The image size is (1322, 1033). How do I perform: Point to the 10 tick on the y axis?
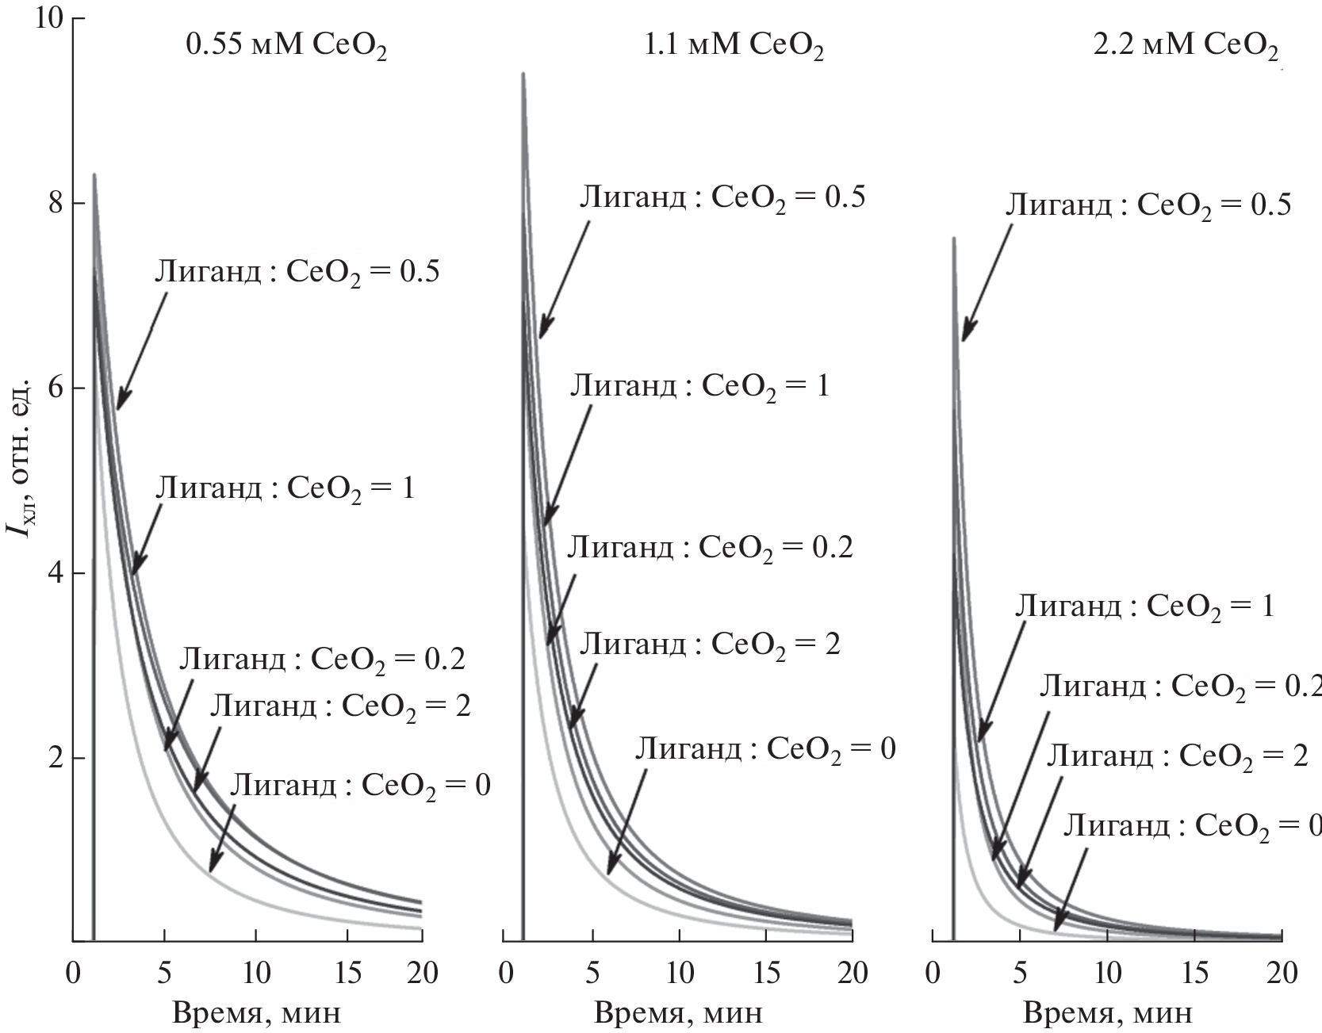pyautogui.click(x=49, y=18)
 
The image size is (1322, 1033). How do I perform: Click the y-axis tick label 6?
pyautogui.click(x=56, y=388)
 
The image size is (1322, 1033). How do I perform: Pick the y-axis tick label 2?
pyautogui.click(x=56, y=759)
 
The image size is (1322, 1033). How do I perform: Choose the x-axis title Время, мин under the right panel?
pyautogui.click(x=1107, y=1012)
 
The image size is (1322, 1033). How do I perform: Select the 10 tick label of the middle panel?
pyautogui.click(x=679, y=972)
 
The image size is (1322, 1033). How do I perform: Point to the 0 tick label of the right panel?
pyautogui.click(x=932, y=972)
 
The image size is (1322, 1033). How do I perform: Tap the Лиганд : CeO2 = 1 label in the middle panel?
pyautogui.click(x=699, y=387)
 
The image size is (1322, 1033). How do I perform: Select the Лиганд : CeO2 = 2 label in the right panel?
pyautogui.click(x=1177, y=756)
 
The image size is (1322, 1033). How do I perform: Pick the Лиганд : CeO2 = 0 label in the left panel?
pyautogui.click(x=360, y=786)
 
